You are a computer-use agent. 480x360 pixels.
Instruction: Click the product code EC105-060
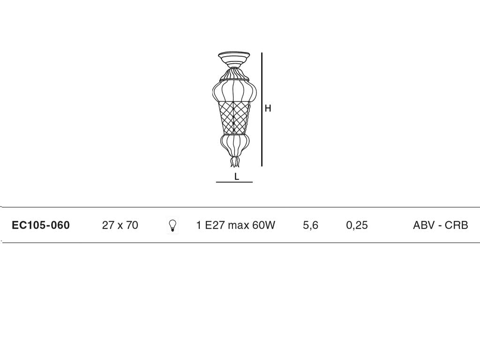(41, 225)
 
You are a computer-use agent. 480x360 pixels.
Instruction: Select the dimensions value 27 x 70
(120, 225)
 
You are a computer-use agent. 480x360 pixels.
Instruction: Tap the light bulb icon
(172, 225)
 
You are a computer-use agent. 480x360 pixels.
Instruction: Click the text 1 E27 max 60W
(235, 225)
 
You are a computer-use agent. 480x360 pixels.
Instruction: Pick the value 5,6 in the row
(310, 225)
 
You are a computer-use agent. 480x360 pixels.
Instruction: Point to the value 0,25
(357, 225)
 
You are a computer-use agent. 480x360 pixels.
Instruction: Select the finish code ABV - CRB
(441, 225)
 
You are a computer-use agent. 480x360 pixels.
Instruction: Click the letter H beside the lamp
(268, 108)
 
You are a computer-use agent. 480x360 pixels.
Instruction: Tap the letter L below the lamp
(236, 177)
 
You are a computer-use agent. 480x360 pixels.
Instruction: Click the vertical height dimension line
(262, 109)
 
